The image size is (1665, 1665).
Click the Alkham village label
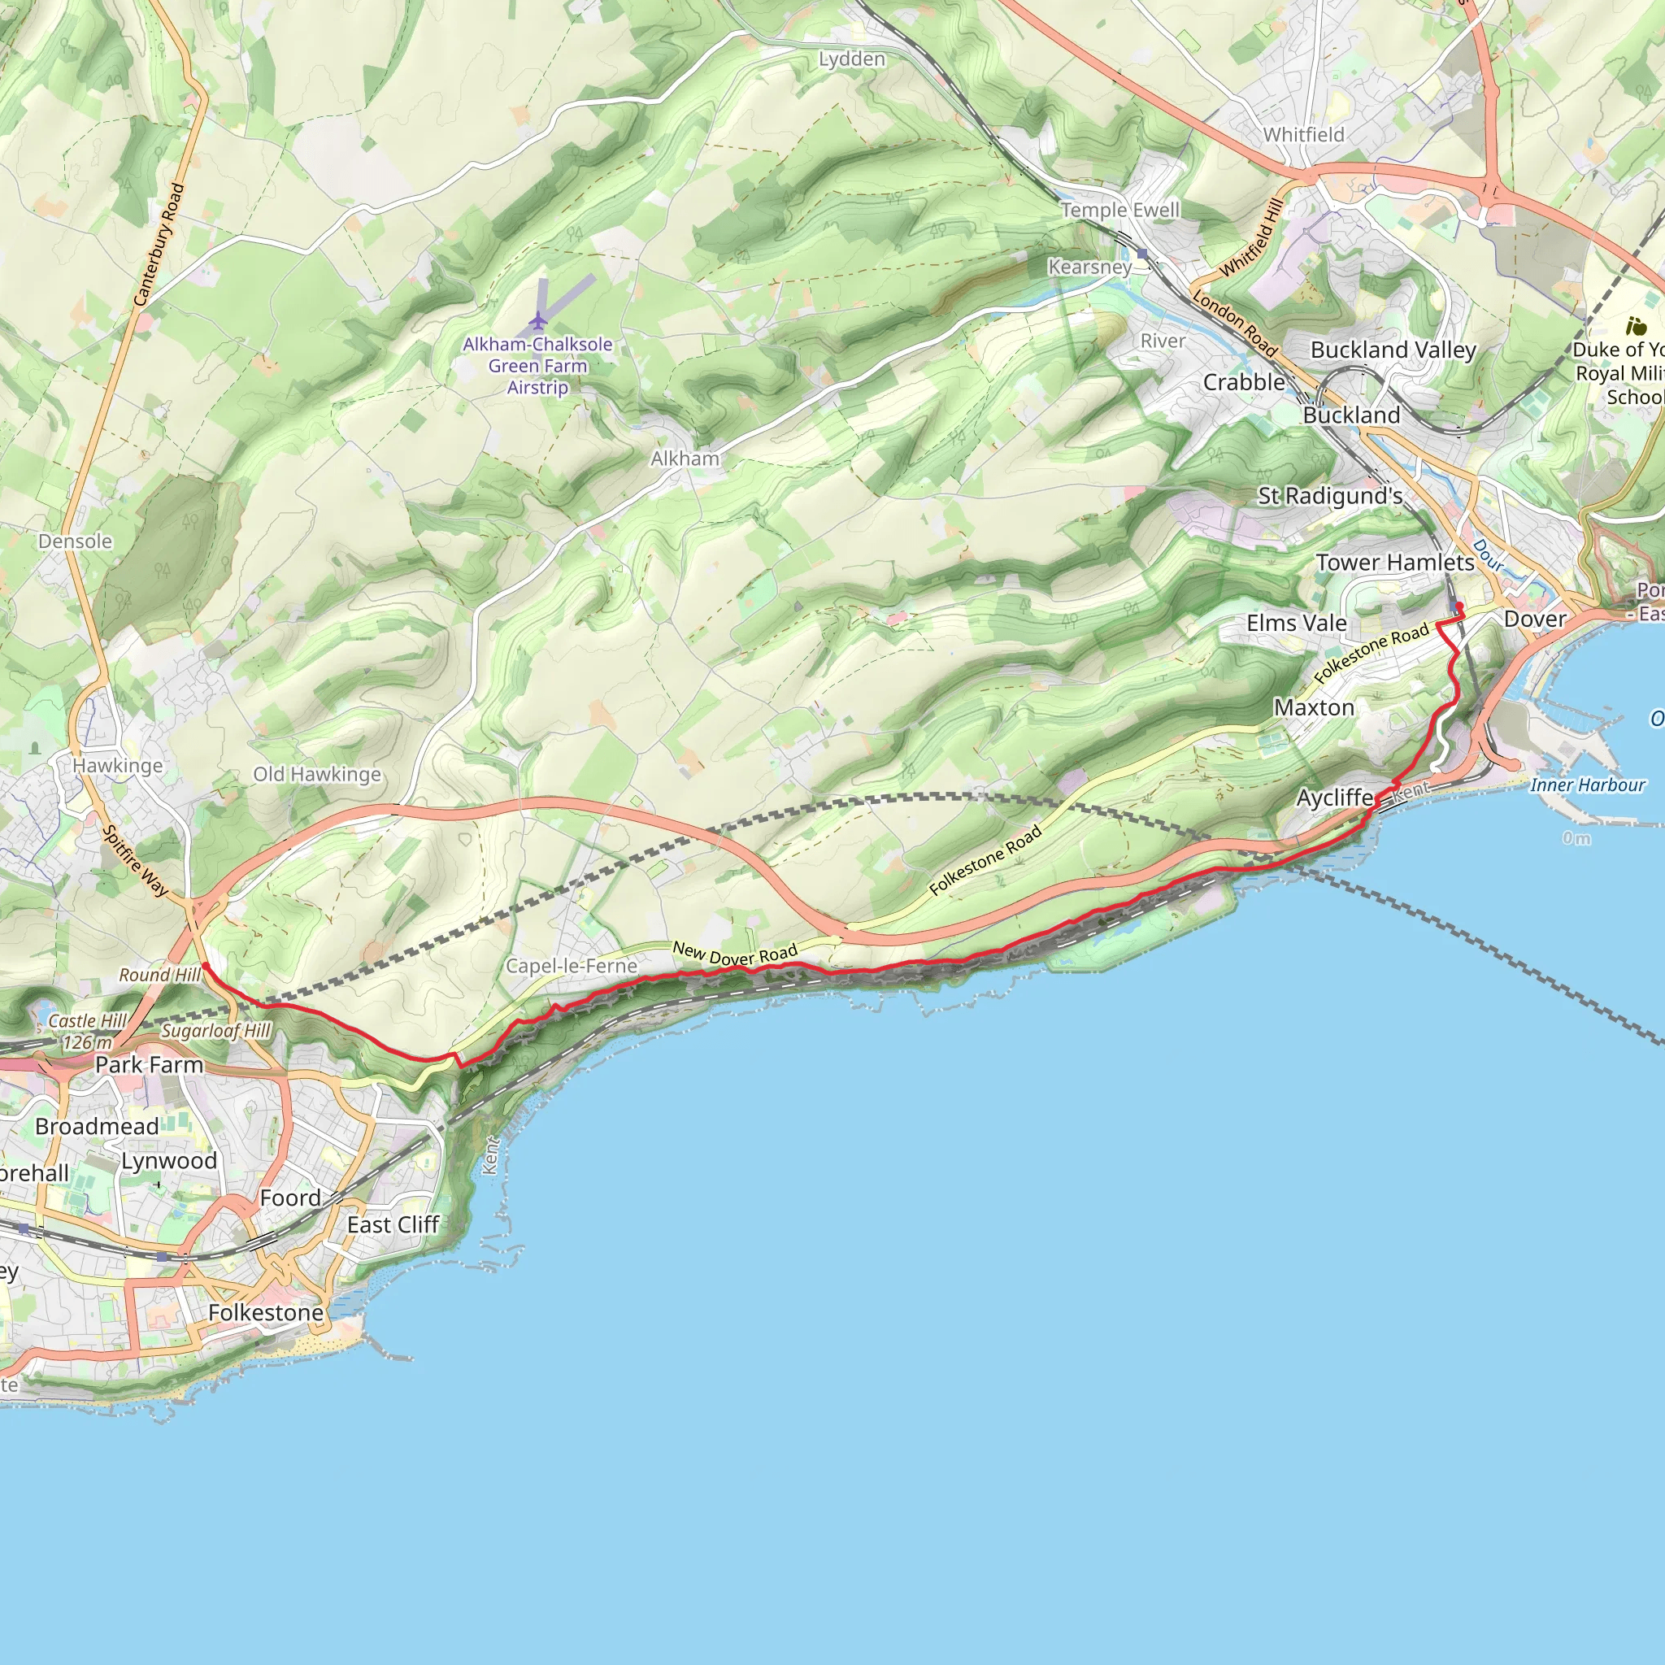(x=685, y=459)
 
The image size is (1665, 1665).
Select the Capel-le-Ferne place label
(x=571, y=966)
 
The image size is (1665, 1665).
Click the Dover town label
(x=1535, y=619)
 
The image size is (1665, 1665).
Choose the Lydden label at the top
(x=851, y=59)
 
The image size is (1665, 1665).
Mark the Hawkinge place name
(x=117, y=765)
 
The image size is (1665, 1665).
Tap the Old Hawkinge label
(x=316, y=774)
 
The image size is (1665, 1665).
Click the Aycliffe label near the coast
(x=1335, y=798)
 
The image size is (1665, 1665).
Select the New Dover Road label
(x=734, y=954)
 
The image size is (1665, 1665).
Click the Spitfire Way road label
(x=135, y=860)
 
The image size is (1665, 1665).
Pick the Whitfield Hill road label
(x=1251, y=238)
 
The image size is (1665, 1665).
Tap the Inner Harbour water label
(x=1588, y=785)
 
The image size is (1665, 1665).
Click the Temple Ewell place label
(x=1119, y=211)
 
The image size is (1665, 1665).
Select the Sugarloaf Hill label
(x=216, y=1031)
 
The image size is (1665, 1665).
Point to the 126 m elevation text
(x=87, y=1042)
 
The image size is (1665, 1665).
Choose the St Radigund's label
(x=1330, y=496)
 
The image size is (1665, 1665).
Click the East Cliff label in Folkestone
(x=393, y=1224)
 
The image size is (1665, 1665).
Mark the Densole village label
(x=75, y=541)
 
